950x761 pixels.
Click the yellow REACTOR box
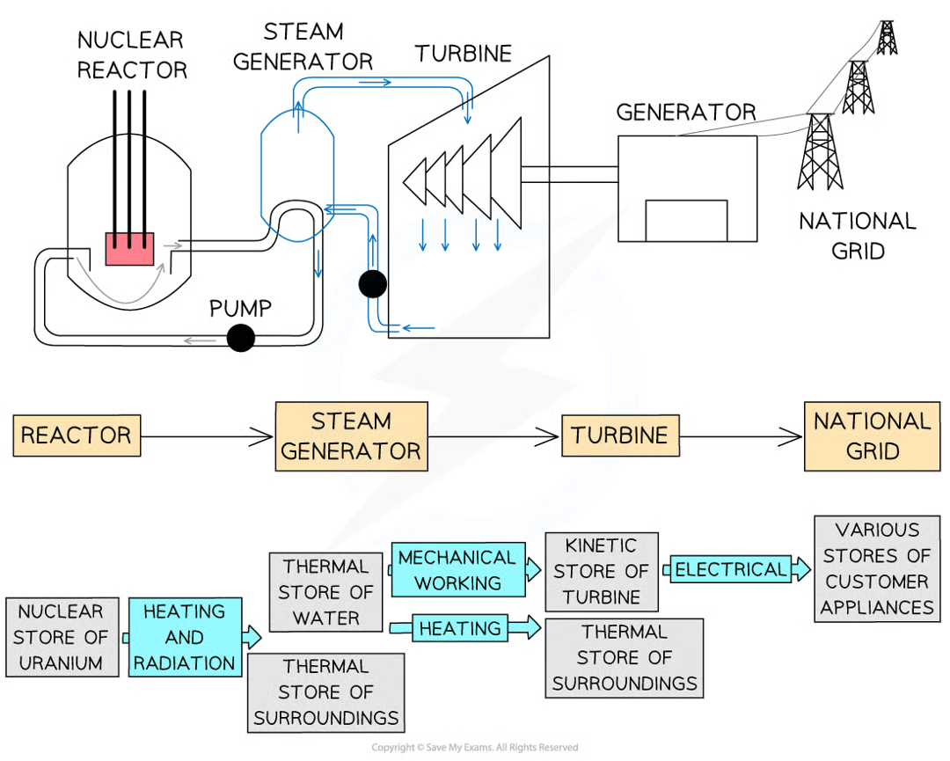[77, 434]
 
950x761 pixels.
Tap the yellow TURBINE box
[619, 435]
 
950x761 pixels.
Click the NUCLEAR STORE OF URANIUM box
[60, 637]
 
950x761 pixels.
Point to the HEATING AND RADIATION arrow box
[186, 637]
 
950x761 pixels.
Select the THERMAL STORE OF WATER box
[326, 591]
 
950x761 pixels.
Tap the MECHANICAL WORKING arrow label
[458, 570]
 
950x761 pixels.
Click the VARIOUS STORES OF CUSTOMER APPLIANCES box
[877, 568]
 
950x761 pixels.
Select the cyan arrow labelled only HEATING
[461, 628]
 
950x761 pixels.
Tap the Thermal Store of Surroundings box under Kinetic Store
[625, 657]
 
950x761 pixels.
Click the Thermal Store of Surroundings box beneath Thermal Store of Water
[326, 691]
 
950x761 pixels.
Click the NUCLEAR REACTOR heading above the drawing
[130, 55]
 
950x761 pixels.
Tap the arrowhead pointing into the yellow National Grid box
[792, 435]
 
